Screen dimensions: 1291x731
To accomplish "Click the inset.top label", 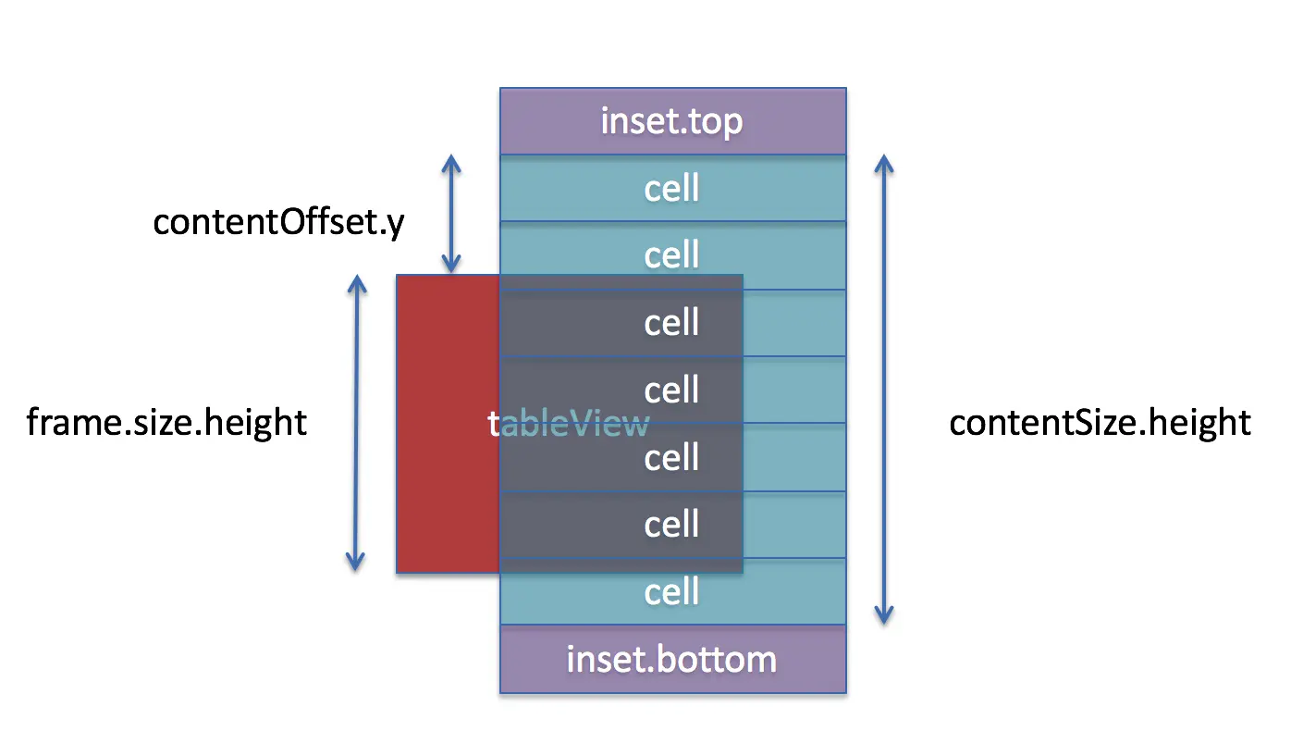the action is [x=671, y=121].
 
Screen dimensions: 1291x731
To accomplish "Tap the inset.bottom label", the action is [x=671, y=659].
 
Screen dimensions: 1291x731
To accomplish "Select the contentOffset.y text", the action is [x=279, y=223].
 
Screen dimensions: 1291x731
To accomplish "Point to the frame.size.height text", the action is [x=166, y=423].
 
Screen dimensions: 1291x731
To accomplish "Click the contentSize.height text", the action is [x=1100, y=423].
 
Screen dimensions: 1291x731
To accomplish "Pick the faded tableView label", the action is [x=568, y=424].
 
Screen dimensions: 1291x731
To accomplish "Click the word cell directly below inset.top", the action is [x=671, y=188].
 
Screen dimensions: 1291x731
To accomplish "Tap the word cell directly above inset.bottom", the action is [x=671, y=591].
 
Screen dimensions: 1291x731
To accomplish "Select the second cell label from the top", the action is [x=671, y=254].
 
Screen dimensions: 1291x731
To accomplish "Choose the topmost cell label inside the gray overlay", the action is [x=671, y=322].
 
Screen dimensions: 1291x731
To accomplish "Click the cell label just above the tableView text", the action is [x=671, y=390].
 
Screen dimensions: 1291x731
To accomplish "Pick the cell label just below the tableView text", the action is [x=671, y=457].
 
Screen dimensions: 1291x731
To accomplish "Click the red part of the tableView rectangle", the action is [x=448, y=424].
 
